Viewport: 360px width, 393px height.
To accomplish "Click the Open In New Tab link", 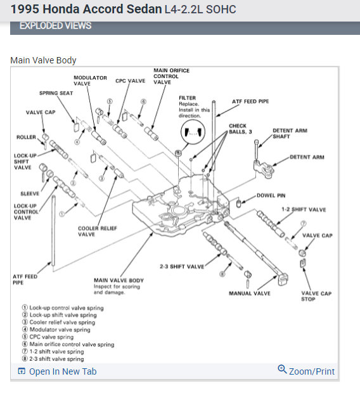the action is pos(57,371).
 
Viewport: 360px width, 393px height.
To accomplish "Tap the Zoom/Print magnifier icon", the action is pos(282,369).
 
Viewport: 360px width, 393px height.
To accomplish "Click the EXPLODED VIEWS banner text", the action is pos(55,26).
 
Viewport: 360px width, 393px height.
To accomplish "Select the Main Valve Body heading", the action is pos(43,60).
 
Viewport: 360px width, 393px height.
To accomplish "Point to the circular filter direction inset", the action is pos(193,132).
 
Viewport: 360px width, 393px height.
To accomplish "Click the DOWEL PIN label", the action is pos(271,195).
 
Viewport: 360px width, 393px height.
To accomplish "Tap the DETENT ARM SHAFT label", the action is pos(290,134).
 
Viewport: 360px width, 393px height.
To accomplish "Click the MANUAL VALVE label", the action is pos(250,293).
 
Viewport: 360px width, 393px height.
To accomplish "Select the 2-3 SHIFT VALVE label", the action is pos(182,266).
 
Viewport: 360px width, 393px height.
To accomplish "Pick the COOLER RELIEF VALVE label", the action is pos(97,231).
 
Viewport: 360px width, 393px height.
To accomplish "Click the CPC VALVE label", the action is pos(131,81).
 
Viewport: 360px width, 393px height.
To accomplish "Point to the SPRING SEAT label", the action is pos(56,93).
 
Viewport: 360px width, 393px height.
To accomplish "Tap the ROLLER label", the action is pos(27,138).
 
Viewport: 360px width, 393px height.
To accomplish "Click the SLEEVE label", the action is pos(30,193).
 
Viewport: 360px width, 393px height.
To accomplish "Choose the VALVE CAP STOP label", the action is pos(316,296).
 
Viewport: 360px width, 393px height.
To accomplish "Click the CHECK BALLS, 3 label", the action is pos(240,129).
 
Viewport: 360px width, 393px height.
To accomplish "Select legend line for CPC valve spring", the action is pos(48,337).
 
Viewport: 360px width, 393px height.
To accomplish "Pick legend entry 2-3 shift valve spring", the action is pos(53,359).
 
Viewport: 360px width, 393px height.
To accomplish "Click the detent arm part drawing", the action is pos(264,169).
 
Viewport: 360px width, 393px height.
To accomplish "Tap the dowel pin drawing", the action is pos(239,202).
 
